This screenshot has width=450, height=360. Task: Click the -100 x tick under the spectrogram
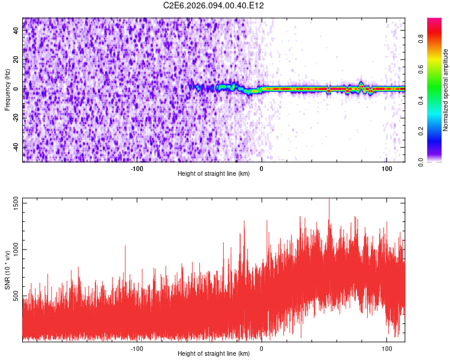pos(137,169)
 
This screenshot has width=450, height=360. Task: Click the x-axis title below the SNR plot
pos(214,354)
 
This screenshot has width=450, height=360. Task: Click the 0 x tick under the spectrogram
pos(262,169)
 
